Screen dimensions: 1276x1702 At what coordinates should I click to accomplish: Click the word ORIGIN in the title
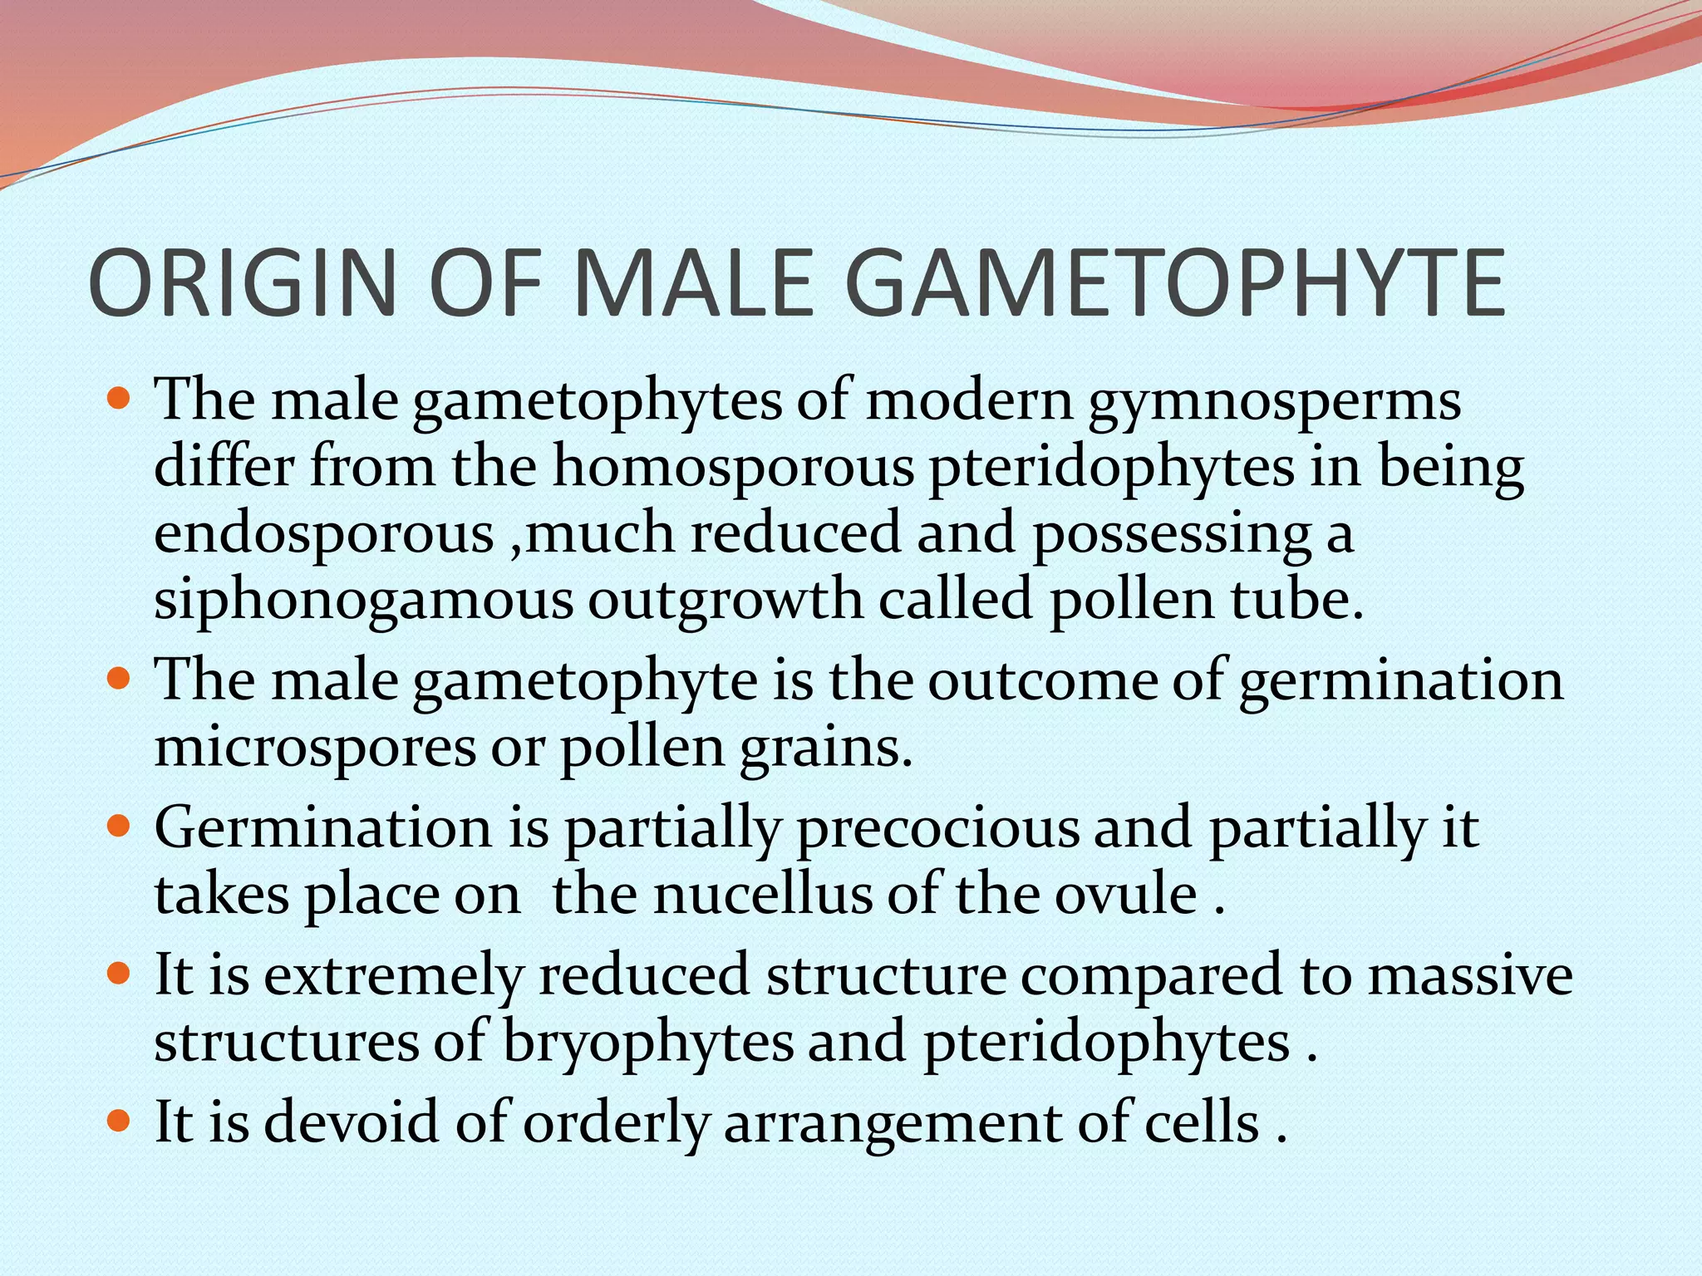241,283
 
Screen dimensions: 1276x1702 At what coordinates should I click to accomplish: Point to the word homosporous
734,467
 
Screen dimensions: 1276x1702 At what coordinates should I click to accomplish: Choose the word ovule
1126,896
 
